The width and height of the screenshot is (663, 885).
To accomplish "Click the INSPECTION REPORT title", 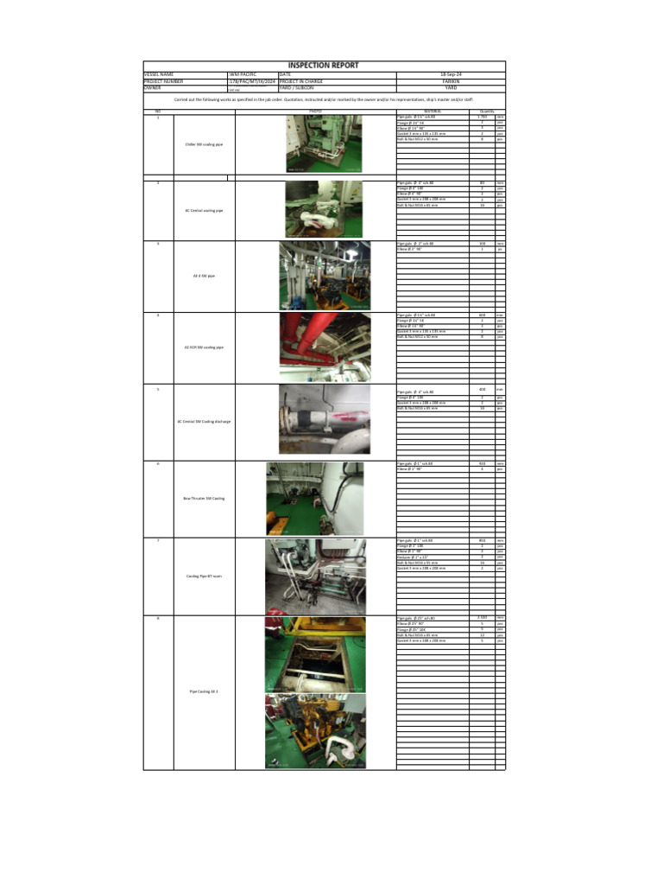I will click(x=324, y=66).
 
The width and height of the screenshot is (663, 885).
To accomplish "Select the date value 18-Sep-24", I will click(x=451, y=75).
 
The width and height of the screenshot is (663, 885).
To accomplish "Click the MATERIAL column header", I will click(x=433, y=111).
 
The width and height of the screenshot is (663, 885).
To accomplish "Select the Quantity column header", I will click(x=482, y=111).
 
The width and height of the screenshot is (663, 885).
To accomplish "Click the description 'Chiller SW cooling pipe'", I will click(x=204, y=144).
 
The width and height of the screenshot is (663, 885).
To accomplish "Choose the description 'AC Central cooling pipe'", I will click(x=204, y=210).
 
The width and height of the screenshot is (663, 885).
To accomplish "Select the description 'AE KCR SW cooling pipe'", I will click(x=204, y=347).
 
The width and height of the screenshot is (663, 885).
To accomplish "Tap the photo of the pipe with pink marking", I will click(x=325, y=419).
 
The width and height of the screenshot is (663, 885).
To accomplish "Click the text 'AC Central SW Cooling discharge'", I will click(x=204, y=422).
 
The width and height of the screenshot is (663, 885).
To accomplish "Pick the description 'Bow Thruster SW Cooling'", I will click(x=204, y=499).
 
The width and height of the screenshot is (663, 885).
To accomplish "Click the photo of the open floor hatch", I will click(x=315, y=654).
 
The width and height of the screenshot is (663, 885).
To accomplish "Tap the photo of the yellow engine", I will click(x=315, y=731).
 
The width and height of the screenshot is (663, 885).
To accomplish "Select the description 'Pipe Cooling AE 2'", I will click(x=204, y=691).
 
